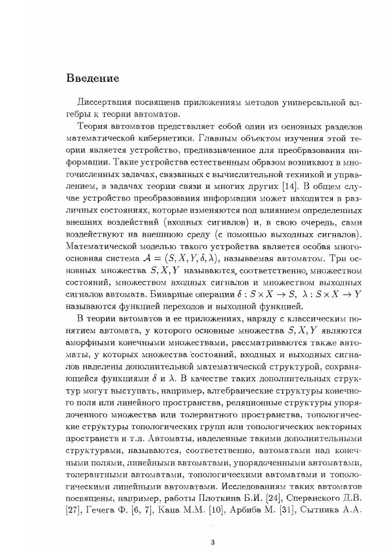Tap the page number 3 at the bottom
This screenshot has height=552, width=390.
[212, 542]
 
